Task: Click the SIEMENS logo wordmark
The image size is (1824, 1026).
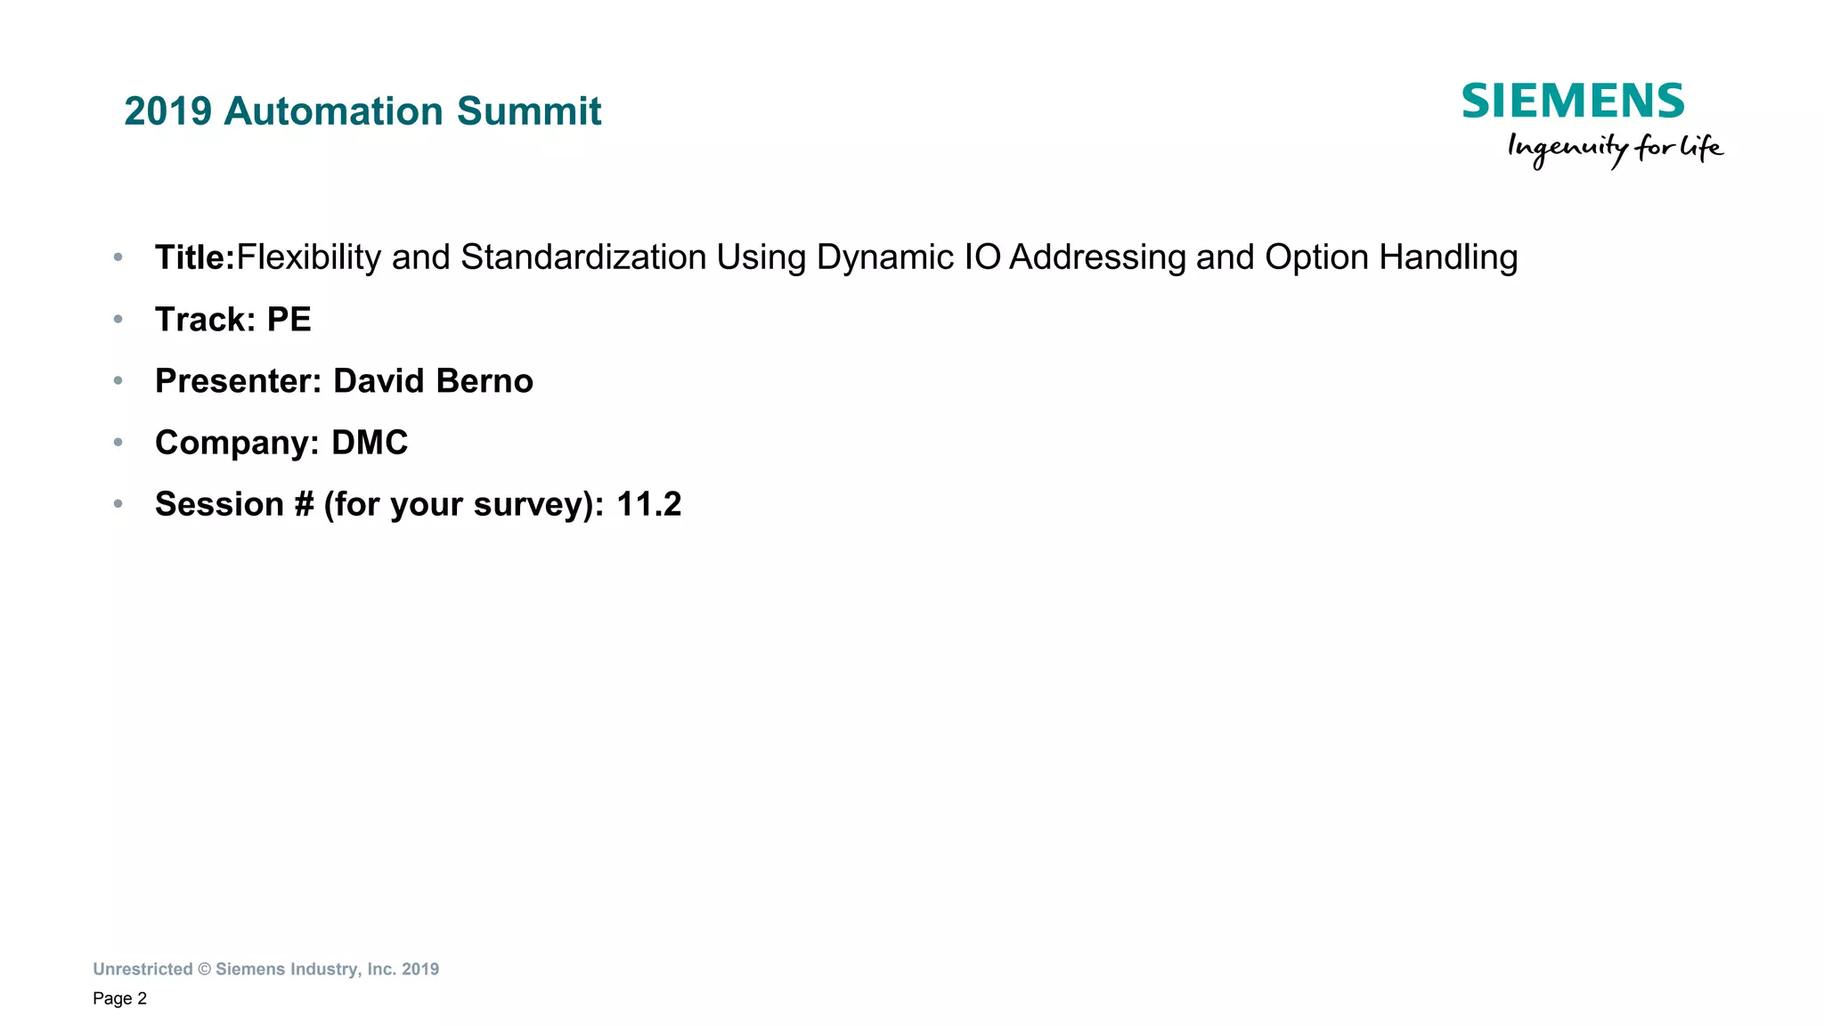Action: (x=1573, y=101)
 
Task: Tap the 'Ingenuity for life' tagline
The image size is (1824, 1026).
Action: (x=1615, y=148)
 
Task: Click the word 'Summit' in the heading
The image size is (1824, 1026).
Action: (x=529, y=111)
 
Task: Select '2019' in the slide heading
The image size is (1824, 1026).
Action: (x=168, y=111)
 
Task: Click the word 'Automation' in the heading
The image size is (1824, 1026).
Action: (x=334, y=111)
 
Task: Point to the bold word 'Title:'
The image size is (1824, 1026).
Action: (x=194, y=257)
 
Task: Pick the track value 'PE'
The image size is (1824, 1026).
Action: (x=289, y=320)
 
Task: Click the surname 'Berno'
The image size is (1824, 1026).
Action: (x=484, y=381)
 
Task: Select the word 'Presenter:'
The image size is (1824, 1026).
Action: (x=238, y=381)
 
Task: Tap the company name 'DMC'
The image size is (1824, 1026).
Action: (x=370, y=443)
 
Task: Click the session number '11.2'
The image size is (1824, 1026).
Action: (x=648, y=504)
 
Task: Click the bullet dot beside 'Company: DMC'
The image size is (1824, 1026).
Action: (x=118, y=443)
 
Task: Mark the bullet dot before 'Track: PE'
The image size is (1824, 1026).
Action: (x=118, y=319)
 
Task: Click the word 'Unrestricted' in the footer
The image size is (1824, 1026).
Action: (x=142, y=969)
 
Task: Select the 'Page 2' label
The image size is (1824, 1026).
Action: (x=119, y=998)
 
